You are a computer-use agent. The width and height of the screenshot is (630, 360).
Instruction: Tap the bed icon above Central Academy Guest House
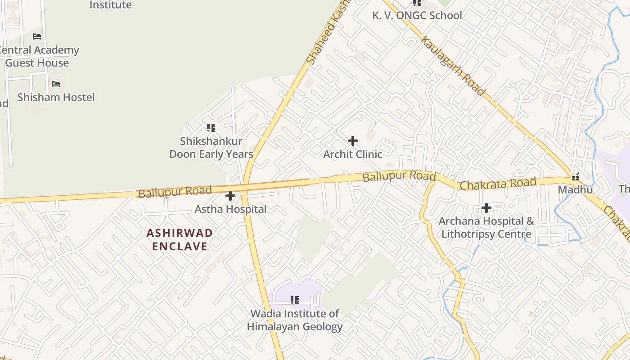click(37, 36)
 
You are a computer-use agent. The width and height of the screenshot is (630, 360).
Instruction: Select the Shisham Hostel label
click(56, 97)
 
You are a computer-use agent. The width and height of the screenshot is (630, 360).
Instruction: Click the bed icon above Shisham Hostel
click(56, 84)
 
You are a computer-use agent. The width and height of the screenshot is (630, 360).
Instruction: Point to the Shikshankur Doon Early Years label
click(211, 148)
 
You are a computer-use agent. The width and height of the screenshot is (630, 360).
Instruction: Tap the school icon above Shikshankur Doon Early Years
click(211, 128)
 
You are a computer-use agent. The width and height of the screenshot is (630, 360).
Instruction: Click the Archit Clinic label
click(353, 154)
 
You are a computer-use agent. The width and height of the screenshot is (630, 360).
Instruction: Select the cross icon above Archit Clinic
click(353, 141)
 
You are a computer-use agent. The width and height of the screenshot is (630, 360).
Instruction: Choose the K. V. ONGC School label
click(417, 15)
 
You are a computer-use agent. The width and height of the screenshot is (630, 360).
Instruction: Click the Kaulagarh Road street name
click(453, 66)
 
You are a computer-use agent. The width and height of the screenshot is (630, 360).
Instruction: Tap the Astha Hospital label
click(230, 209)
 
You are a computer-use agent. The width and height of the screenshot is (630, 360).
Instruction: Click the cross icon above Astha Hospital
click(230, 196)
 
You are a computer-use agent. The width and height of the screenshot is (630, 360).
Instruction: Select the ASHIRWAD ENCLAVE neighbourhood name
click(180, 239)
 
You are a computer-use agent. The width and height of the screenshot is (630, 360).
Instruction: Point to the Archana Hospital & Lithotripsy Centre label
click(486, 228)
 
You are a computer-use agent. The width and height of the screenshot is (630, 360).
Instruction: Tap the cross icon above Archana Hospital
click(486, 208)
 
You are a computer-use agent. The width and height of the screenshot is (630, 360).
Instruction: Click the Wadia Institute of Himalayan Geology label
click(295, 320)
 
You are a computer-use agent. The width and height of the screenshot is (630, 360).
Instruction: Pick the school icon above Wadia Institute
click(295, 300)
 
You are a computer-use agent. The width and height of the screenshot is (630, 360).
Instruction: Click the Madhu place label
click(575, 190)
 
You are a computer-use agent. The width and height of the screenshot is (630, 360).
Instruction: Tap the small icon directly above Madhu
click(575, 177)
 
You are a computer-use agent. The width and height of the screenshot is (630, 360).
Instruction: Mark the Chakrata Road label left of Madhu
click(498, 184)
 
